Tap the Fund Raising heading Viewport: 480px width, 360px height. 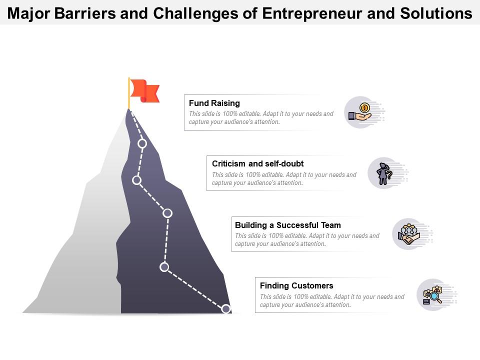(214, 103)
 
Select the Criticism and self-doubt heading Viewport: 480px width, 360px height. (257, 163)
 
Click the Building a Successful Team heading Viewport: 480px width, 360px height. (287, 225)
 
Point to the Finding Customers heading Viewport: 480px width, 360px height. (296, 286)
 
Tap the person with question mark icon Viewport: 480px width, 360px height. (384, 173)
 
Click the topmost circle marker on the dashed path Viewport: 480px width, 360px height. (142, 143)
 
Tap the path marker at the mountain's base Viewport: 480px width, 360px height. (226, 309)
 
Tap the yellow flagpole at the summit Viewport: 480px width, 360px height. (129, 93)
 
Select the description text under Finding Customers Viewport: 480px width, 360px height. (332, 300)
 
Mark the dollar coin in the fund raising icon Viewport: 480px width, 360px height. (365, 107)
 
